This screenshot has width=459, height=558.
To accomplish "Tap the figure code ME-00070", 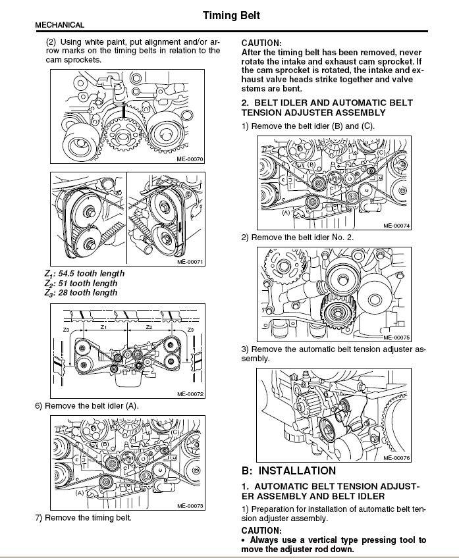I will (191, 159).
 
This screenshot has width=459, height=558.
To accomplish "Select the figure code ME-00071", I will (191, 261).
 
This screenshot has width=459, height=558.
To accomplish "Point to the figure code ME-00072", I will (191, 394).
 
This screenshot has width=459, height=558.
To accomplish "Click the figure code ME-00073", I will (191, 506).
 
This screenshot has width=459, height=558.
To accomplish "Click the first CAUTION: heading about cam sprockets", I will (261, 41).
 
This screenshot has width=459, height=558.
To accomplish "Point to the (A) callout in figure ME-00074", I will (286, 213).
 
